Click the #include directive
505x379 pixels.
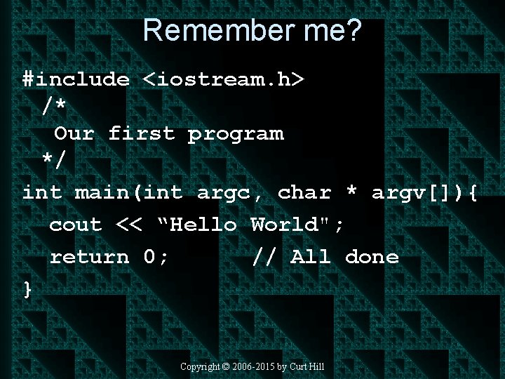click(x=76, y=79)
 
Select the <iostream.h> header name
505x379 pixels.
click(x=224, y=79)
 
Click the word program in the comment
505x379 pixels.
click(x=236, y=133)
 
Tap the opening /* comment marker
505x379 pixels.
click(x=55, y=106)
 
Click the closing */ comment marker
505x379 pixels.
click(x=55, y=160)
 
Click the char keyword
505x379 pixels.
click(x=304, y=192)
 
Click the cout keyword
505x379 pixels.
click(x=75, y=225)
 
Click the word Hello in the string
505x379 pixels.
click(x=203, y=225)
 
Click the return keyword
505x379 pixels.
click(x=89, y=257)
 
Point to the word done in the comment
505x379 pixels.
click(x=372, y=257)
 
